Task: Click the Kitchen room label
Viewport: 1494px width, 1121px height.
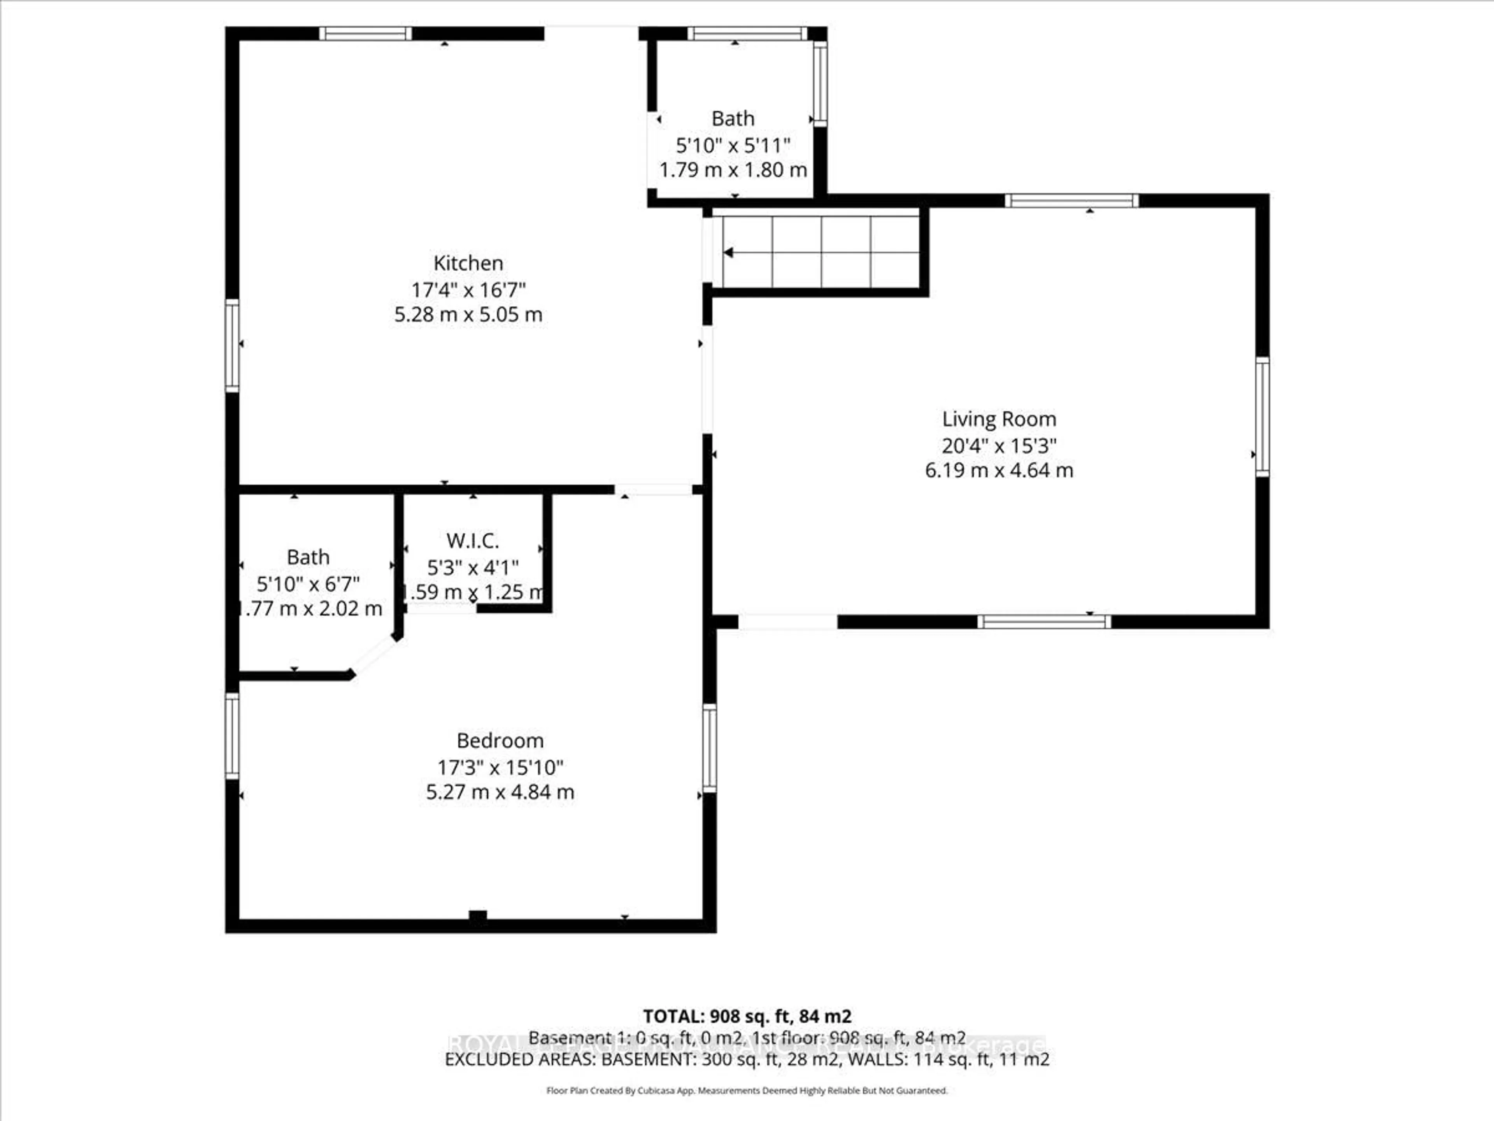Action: (468, 263)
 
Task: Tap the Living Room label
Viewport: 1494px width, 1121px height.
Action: (999, 419)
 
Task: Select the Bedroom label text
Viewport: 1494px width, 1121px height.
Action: (500, 741)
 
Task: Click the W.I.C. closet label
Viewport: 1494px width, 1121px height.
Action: (472, 541)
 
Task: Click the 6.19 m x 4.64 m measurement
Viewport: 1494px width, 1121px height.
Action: (999, 470)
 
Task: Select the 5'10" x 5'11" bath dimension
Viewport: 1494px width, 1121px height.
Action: (733, 145)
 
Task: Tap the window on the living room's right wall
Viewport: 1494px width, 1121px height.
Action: (1262, 417)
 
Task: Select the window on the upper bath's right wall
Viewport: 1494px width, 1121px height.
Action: (819, 83)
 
